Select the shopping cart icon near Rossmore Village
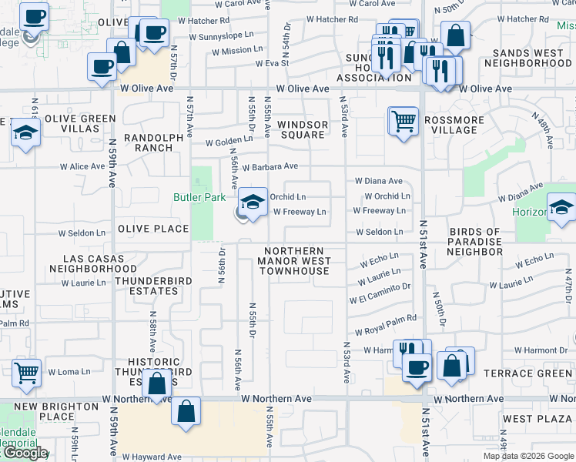tap(403, 121)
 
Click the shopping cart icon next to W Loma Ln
tap(27, 373)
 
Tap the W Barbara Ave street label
tap(270, 166)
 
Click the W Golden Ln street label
tap(229, 141)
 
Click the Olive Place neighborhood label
tap(153, 229)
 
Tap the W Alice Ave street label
tap(83, 166)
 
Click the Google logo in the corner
tap(25, 453)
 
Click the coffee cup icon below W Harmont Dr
tap(417, 367)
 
